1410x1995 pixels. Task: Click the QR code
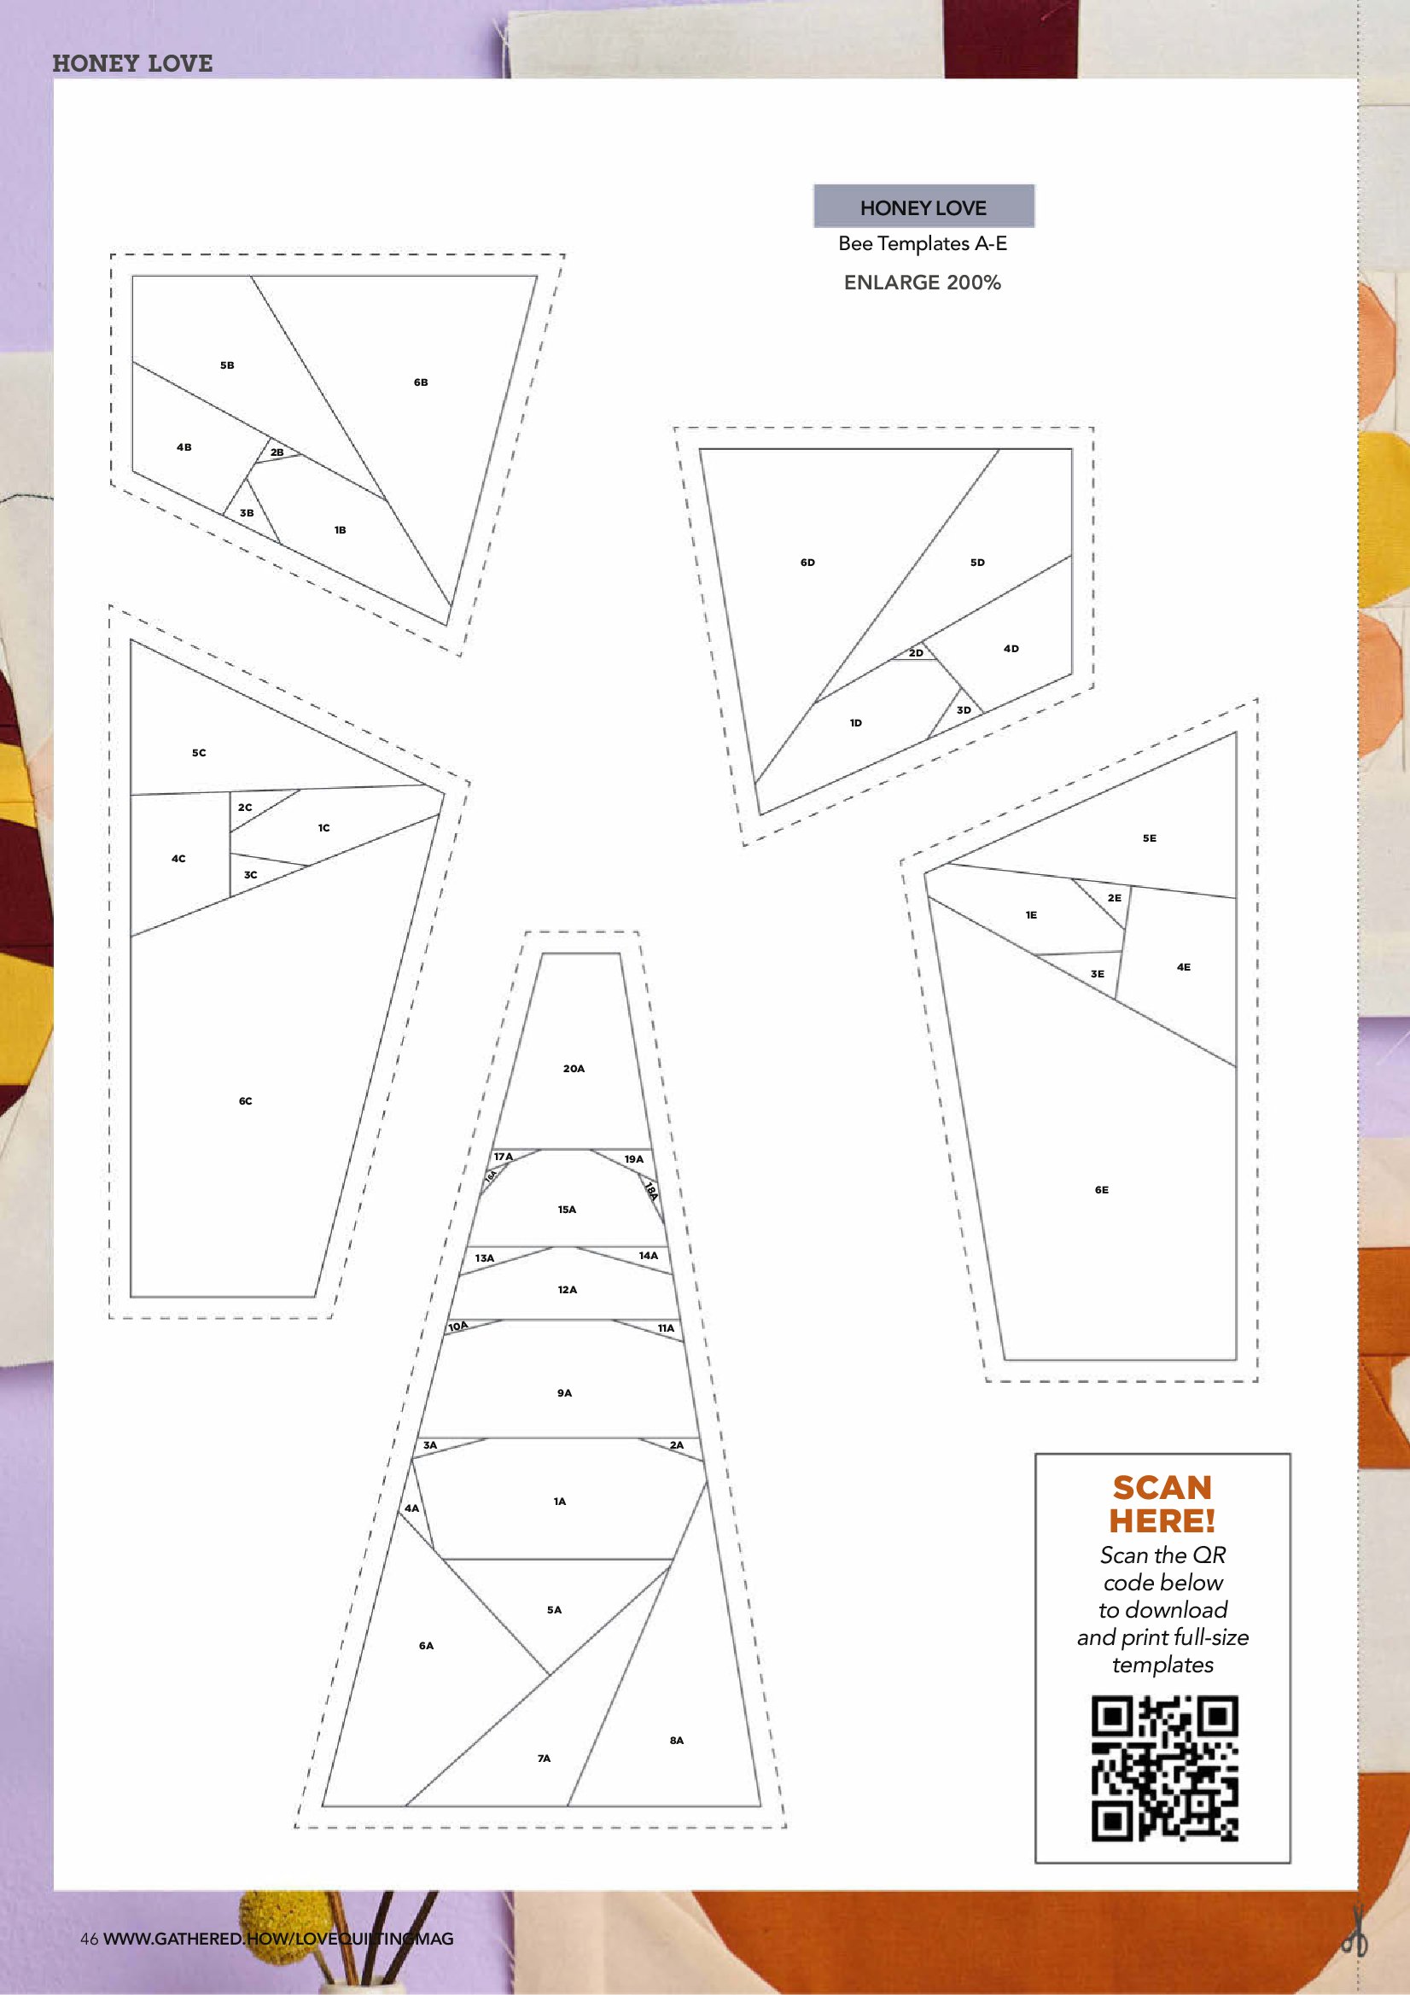1164,1768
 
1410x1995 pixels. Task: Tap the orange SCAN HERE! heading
1162,1504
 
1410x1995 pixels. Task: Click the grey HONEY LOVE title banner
923,207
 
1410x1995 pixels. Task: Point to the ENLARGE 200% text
923,283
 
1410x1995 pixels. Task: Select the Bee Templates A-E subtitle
923,243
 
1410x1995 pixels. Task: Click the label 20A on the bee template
574,1069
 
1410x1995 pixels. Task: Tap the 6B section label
421,382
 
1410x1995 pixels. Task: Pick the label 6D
808,563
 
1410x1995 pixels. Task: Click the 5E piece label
1150,838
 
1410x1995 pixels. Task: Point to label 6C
246,1101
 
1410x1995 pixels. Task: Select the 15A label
568,1210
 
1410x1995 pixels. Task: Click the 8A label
677,1741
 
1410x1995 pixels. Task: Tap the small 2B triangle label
277,452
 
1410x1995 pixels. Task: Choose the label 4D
1011,648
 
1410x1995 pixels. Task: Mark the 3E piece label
1098,974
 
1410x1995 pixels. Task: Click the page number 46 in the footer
90,1939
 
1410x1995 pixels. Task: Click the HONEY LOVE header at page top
132,62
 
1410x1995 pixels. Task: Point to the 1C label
324,828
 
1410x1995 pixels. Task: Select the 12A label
568,1289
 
